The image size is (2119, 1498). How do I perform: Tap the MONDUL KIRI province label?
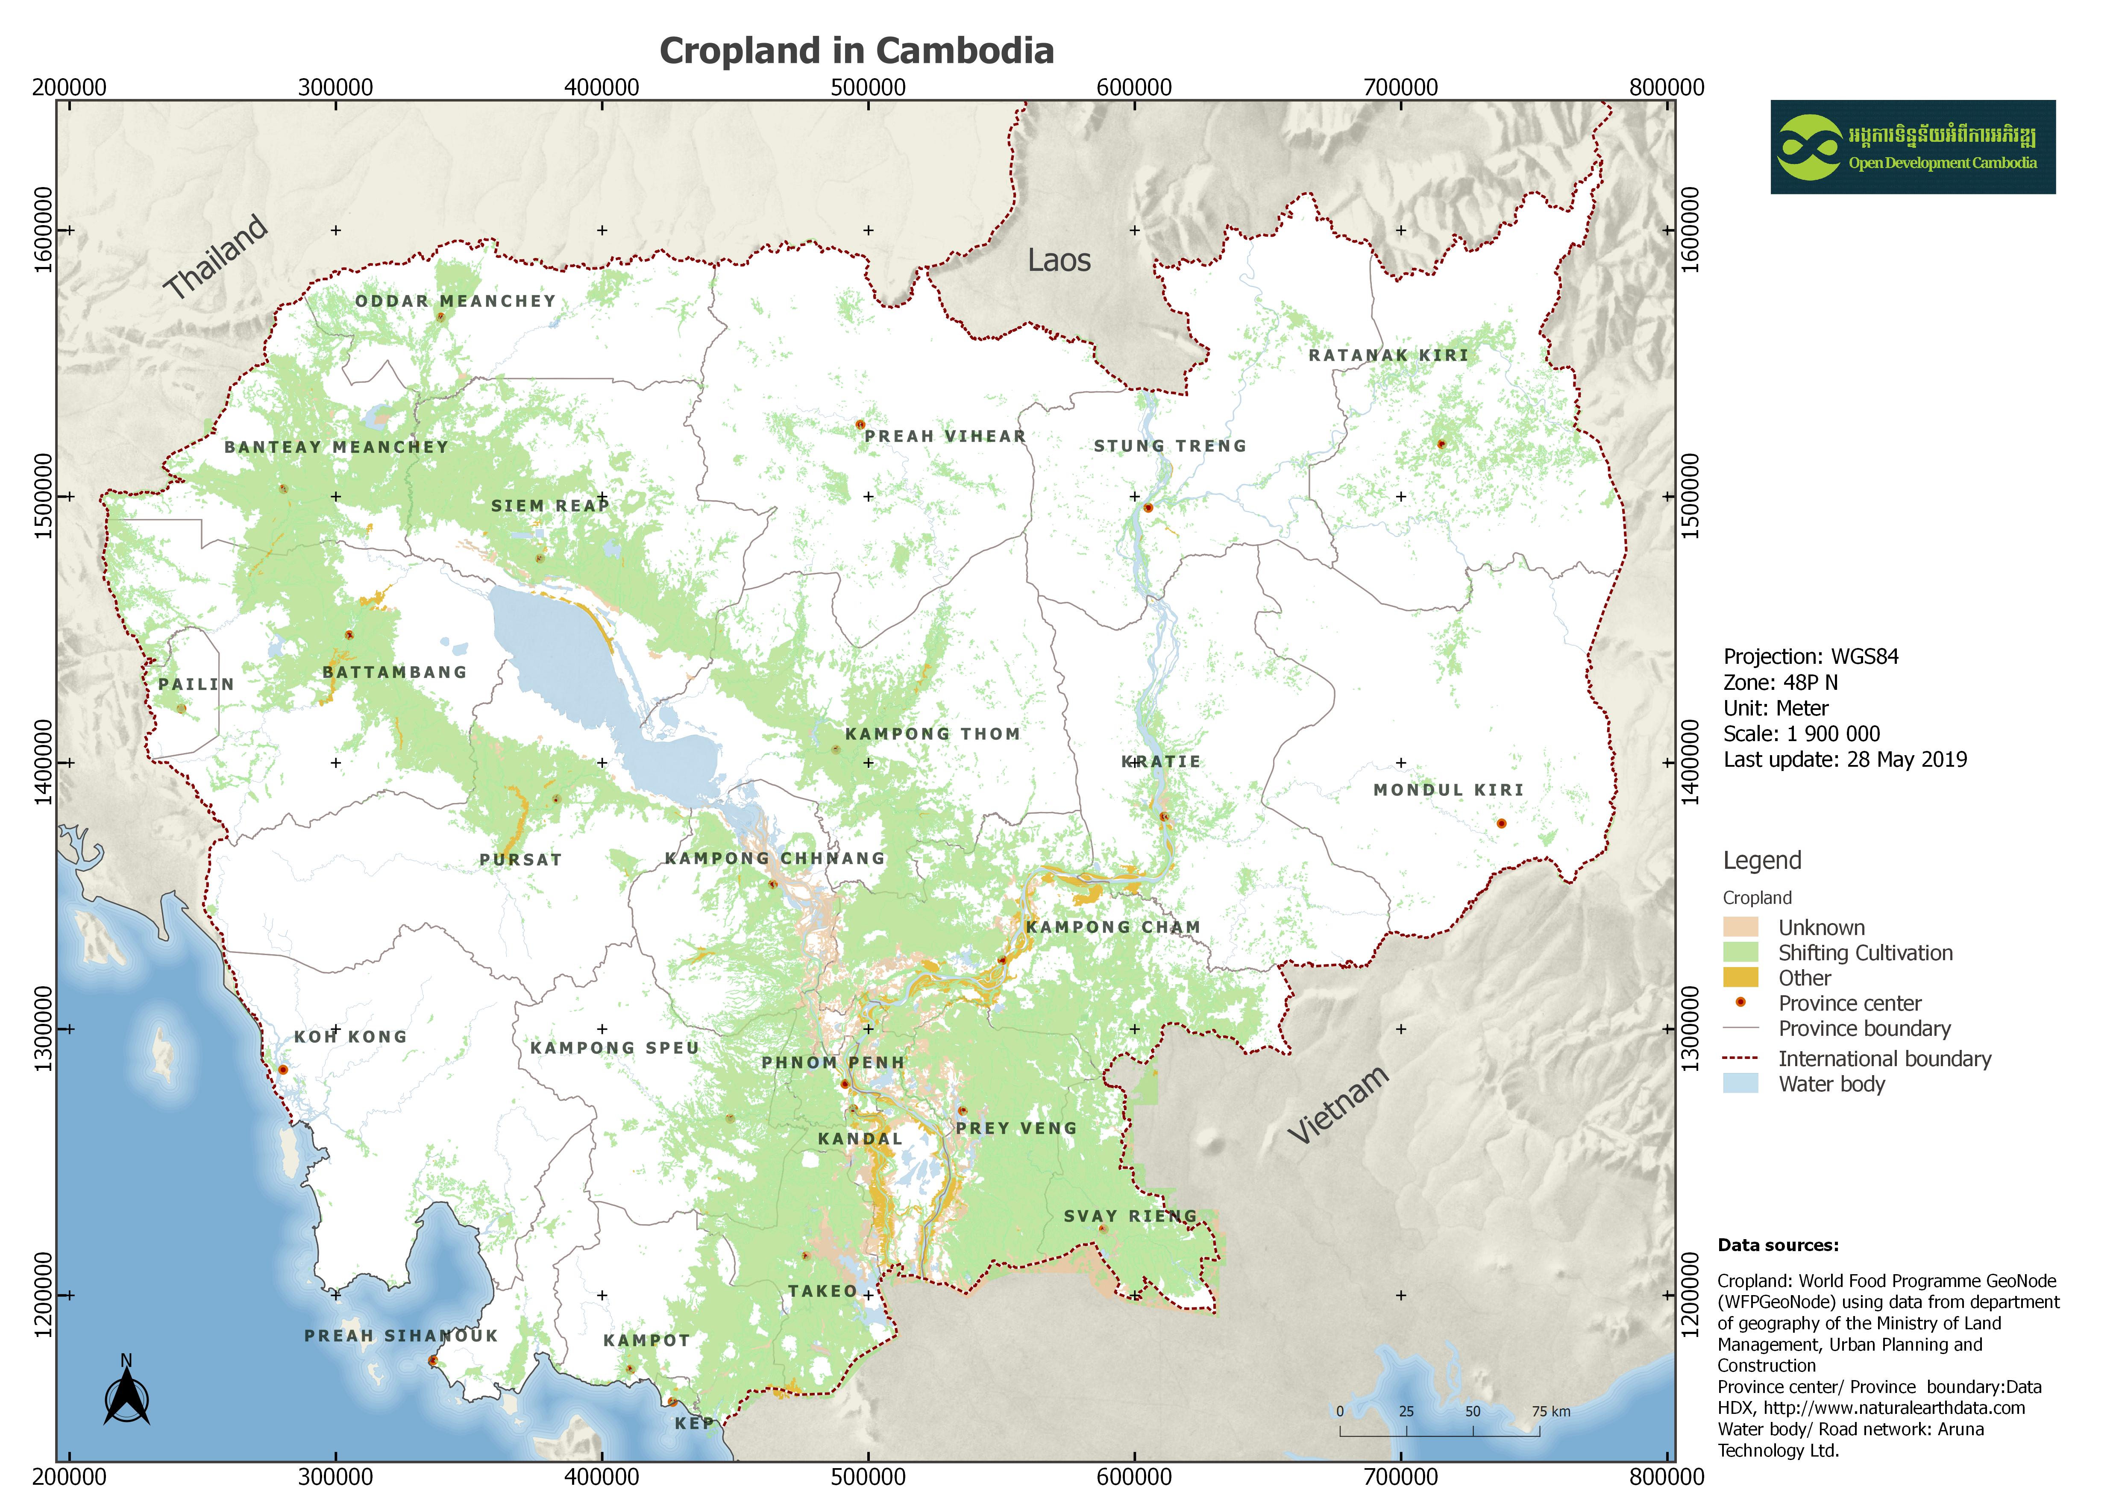[x=1448, y=790]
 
